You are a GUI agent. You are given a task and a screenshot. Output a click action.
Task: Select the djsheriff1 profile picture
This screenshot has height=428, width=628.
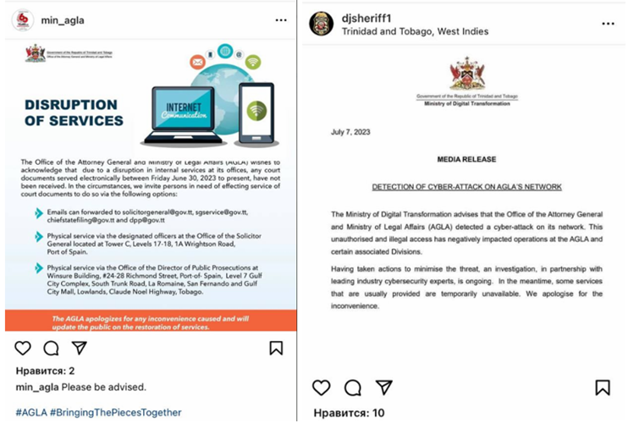322,24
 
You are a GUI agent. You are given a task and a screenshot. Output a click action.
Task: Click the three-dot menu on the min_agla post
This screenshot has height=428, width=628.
282,19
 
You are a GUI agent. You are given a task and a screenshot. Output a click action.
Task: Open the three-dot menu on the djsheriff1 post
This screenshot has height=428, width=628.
608,24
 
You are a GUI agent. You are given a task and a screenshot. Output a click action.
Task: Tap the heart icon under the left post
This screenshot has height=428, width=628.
23,348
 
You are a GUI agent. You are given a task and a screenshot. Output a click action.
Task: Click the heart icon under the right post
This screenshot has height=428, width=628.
322,387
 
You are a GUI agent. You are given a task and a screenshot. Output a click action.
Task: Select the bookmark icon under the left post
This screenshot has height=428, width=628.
276,348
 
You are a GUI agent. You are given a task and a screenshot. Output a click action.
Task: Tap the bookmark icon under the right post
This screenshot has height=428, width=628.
603,387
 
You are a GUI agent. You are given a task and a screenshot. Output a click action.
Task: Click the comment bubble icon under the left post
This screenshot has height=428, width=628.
51,348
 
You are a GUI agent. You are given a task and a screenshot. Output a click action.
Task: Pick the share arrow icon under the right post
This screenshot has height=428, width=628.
383,387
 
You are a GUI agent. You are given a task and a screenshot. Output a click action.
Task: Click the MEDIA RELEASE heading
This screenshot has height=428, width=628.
466,159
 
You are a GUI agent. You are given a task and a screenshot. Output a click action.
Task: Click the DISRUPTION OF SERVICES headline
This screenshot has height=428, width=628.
74,112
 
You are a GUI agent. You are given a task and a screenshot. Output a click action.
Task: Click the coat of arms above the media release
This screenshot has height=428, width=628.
467,74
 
